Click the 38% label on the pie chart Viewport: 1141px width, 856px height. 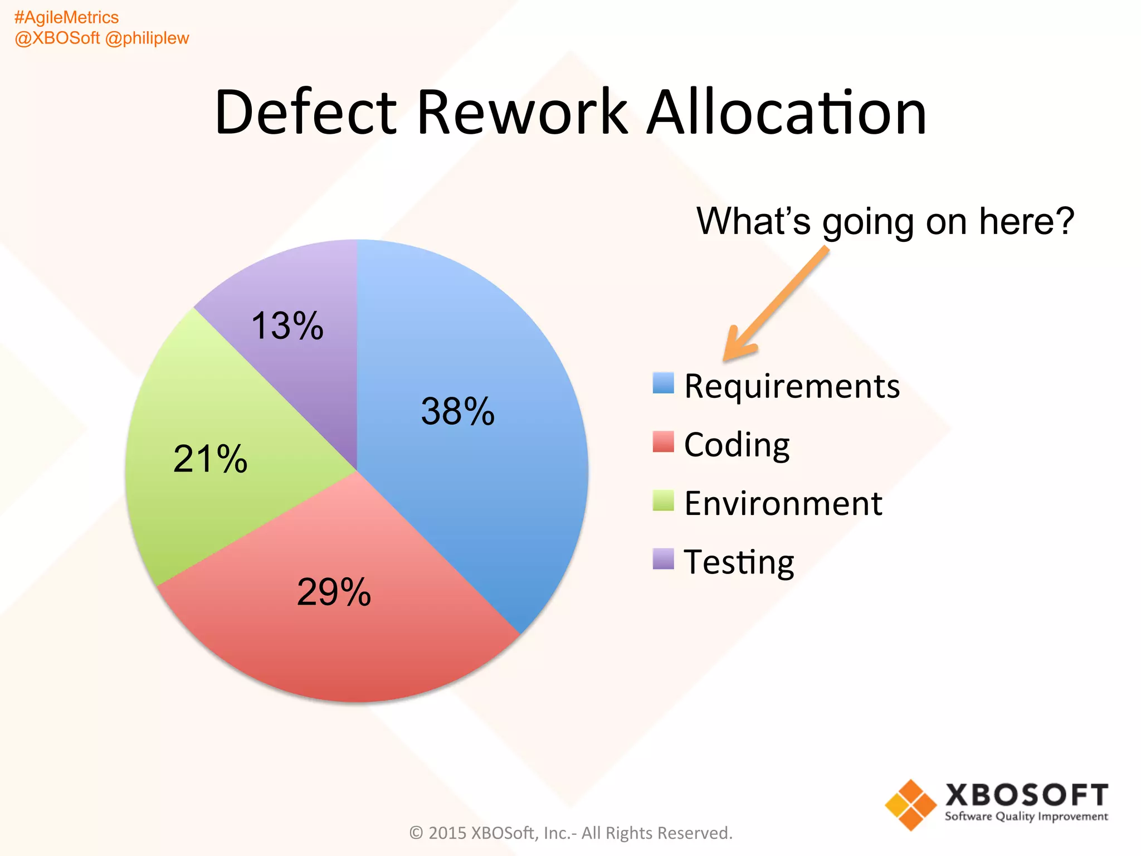[457, 411]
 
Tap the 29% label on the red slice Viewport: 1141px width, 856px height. [334, 591]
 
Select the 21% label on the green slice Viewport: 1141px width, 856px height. [210, 459]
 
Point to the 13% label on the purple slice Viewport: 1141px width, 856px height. [287, 325]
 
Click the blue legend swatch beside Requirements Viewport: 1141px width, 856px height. [663, 383]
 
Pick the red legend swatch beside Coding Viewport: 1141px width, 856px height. [663, 441]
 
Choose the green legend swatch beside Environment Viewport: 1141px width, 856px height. [663, 500]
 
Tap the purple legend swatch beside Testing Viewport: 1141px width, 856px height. [663, 559]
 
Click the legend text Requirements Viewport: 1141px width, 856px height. [792, 386]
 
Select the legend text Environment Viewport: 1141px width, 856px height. [783, 503]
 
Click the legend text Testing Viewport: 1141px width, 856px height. [739, 562]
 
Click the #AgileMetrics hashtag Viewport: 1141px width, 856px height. [66, 17]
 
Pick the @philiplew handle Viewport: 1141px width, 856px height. [147, 38]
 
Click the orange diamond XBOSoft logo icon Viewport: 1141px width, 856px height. [910, 805]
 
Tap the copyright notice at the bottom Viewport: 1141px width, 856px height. [570, 833]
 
